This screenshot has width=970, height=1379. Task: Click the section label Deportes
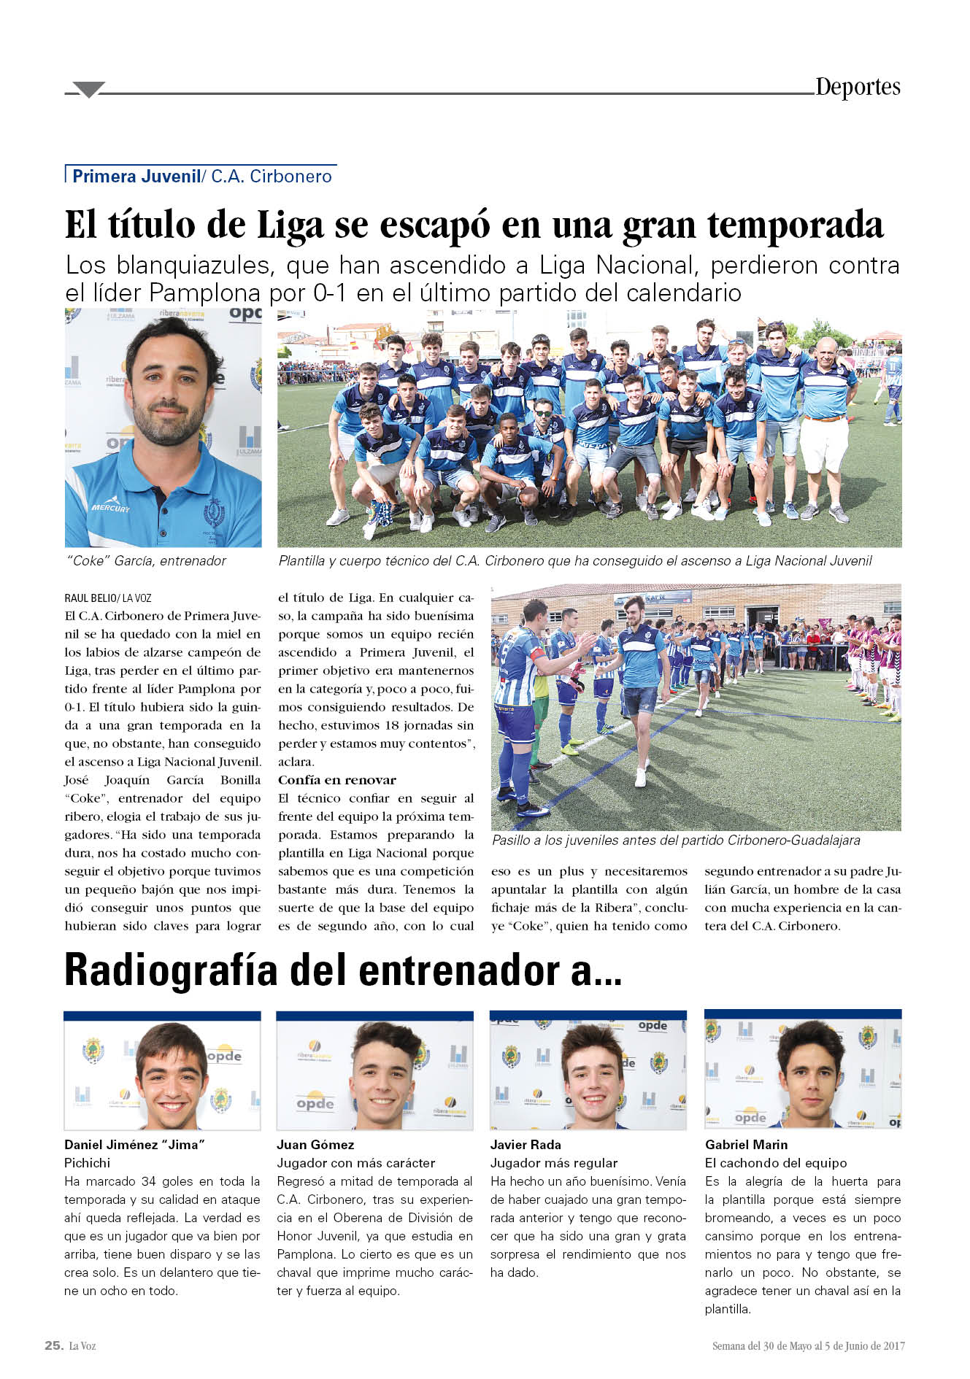[x=858, y=87]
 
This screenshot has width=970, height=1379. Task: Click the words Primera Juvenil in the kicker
[x=136, y=177]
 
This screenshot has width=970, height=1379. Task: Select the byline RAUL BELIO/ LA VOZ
[x=108, y=598]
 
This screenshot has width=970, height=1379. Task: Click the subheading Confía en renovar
[x=336, y=780]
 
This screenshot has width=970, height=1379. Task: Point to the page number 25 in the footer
[x=53, y=1345]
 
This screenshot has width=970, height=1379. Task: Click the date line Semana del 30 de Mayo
[x=808, y=1346]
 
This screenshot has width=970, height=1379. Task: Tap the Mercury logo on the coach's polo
[x=110, y=506]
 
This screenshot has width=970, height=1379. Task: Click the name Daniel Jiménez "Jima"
[x=134, y=1145]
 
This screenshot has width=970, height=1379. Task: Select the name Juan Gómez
[x=315, y=1145]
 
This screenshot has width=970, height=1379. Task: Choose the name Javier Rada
[x=526, y=1145]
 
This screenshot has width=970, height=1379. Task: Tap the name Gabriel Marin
[x=746, y=1145]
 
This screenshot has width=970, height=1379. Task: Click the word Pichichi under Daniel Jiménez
[x=88, y=1163]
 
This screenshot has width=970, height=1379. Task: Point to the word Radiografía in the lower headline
[x=171, y=971]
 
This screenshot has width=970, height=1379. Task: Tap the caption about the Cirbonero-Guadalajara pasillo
[x=676, y=840]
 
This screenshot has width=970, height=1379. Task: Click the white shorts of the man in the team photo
[x=824, y=443]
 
